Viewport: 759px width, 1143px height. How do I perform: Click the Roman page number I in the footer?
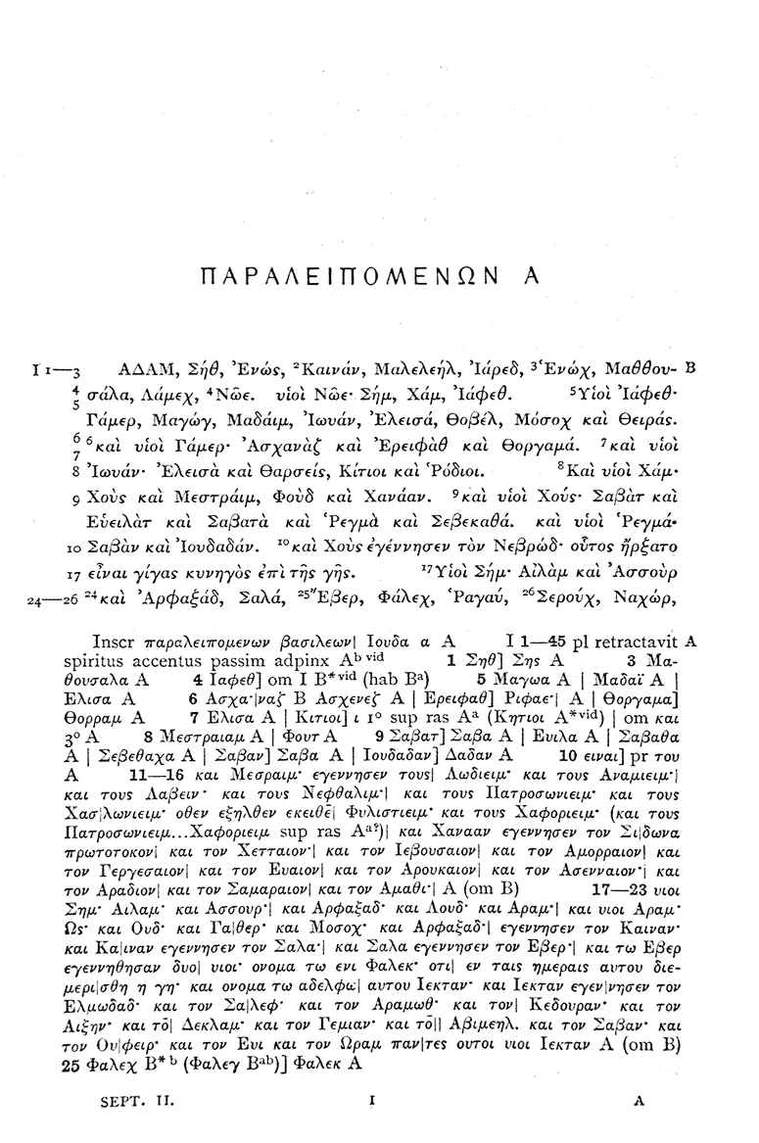tap(373, 1101)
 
